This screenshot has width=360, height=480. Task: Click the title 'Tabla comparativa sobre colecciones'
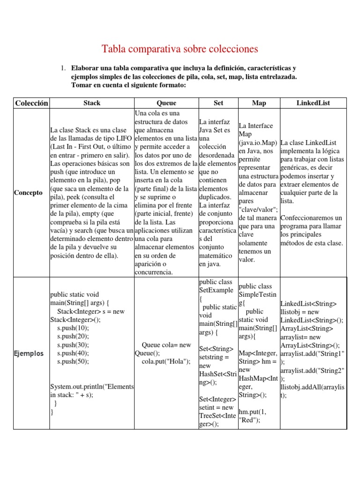pyautogui.click(x=180, y=49)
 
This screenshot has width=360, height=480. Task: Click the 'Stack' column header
pyautogui.click(x=91, y=103)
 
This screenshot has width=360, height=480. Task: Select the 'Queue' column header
pyautogui.click(x=166, y=103)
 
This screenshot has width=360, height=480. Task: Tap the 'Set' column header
pyautogui.click(x=218, y=103)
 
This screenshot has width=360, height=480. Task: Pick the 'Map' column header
pyautogui.click(x=259, y=103)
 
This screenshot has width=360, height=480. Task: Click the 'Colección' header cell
pyautogui.click(x=31, y=103)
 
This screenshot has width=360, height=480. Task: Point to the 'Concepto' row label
pyautogui.click(x=28, y=193)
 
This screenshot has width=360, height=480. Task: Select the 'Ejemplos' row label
pyautogui.click(x=29, y=353)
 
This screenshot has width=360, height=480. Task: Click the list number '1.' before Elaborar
pyautogui.click(x=64, y=68)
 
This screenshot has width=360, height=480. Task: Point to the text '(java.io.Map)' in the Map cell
pyautogui.click(x=258, y=142)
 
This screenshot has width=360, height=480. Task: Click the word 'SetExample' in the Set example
pyautogui.click(x=216, y=290)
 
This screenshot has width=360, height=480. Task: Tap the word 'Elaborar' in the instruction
pyautogui.click(x=86, y=68)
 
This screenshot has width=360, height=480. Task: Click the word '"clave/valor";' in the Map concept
pyautogui.click(x=258, y=209)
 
